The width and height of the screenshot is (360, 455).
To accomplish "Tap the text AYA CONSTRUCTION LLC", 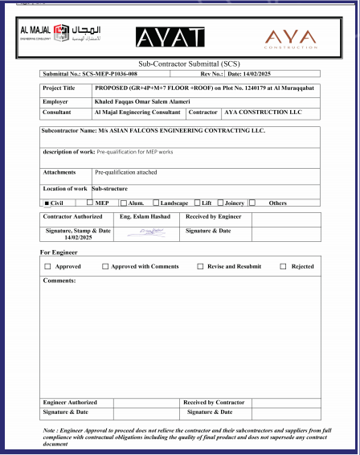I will click(262, 113).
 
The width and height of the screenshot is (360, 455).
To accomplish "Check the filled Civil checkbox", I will click(47, 203).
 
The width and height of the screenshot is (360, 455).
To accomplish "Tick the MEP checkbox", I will click(90, 203).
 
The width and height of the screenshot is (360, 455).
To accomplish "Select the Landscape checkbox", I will click(155, 203).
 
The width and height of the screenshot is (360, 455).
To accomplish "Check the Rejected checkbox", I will click(283, 266).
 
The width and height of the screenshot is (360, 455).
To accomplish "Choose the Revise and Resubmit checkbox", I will click(200, 266).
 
